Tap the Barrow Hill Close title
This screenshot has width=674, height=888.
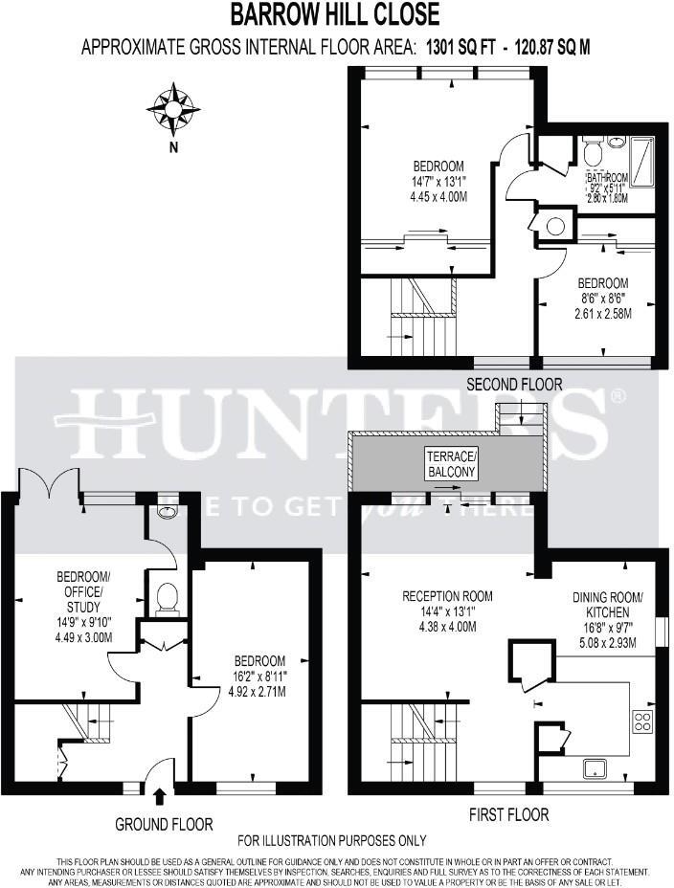pyautogui.click(x=336, y=14)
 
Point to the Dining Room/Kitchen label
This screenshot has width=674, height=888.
pyautogui.click(x=608, y=604)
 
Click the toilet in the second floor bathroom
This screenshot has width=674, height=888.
pyautogui.click(x=592, y=150)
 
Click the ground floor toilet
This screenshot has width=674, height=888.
pyautogui.click(x=168, y=597)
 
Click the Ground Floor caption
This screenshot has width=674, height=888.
pyautogui.click(x=164, y=824)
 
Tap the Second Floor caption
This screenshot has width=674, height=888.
pyautogui.click(x=514, y=384)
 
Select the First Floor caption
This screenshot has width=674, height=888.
pyautogui.click(x=509, y=814)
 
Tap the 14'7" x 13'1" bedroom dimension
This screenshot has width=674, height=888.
pyautogui.click(x=425, y=181)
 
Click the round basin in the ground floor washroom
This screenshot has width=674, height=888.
pyautogui.click(x=168, y=512)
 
